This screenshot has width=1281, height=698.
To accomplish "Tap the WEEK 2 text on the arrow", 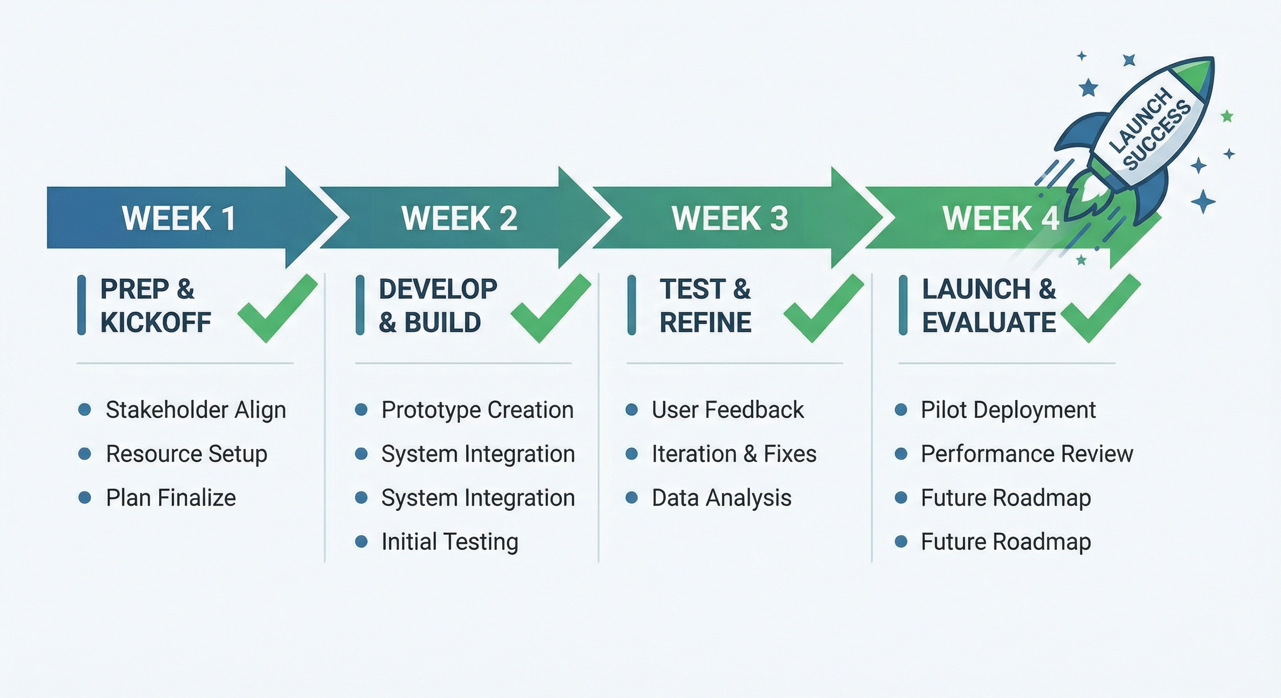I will [459, 218].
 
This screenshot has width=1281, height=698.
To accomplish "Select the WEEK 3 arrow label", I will [730, 218].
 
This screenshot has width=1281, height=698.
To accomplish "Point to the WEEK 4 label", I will [1000, 218].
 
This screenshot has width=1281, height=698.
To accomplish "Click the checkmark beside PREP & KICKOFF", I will [277, 309].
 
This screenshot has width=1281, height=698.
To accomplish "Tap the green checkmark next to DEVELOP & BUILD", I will [550, 309].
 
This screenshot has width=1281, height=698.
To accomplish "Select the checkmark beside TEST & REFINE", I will [823, 309].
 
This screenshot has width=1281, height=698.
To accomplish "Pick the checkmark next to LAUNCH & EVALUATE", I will [1100, 309].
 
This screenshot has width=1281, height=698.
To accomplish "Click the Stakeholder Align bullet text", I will [196, 410].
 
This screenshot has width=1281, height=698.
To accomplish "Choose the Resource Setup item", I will [187, 454].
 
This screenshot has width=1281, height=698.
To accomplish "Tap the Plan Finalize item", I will [171, 498].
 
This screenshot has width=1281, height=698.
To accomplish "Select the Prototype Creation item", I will [477, 410].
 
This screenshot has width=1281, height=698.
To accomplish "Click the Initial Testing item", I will [449, 542].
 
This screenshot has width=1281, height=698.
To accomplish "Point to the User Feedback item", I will [727, 410].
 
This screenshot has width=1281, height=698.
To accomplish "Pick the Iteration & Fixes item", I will [734, 454].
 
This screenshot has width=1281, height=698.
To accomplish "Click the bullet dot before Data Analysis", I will [631, 498].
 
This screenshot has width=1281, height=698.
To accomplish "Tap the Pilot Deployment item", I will [1008, 410].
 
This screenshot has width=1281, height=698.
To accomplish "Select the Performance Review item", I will [1027, 454].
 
